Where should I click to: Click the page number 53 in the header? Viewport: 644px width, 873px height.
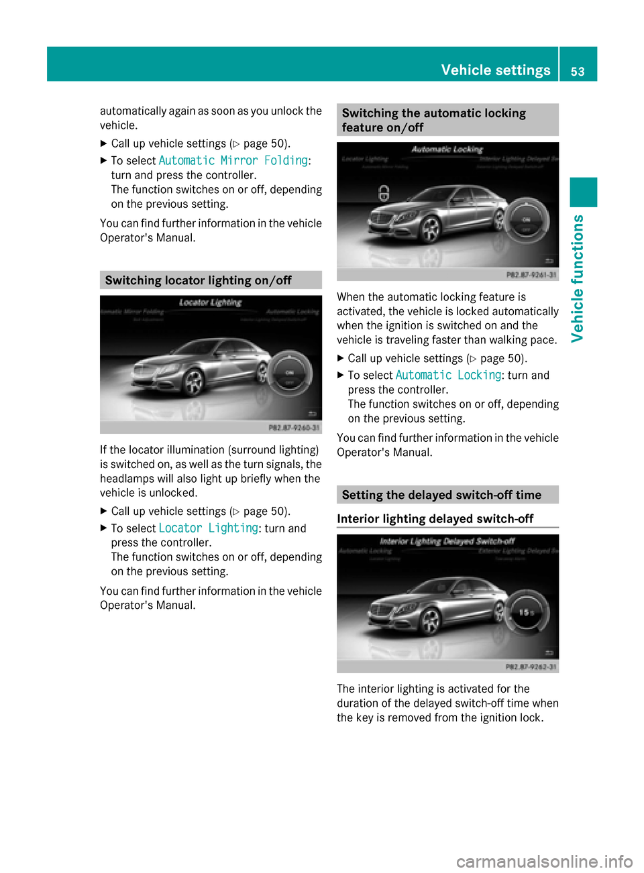click(x=578, y=71)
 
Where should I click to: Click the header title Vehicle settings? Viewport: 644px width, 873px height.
click(x=495, y=70)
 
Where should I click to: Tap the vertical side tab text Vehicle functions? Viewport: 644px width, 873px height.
click(x=578, y=278)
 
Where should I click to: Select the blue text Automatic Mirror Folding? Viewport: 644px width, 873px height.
click(x=233, y=161)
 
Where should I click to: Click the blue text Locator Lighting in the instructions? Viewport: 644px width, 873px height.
click(x=208, y=528)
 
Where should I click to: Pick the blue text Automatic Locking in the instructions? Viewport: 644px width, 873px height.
click(x=448, y=375)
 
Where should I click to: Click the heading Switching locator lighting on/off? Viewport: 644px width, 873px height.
click(x=198, y=280)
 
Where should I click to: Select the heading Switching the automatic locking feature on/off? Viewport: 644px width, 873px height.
click(x=433, y=120)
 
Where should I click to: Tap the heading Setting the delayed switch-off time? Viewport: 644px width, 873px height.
click(x=441, y=495)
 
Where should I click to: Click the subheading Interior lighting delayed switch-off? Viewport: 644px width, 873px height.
click(x=435, y=519)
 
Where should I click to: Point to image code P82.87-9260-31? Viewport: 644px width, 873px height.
click(x=294, y=428)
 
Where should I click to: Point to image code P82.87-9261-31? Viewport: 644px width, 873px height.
click(x=531, y=275)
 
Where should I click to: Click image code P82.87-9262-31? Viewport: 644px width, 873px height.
click(x=531, y=667)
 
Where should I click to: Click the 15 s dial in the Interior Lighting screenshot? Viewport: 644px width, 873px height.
click(x=527, y=612)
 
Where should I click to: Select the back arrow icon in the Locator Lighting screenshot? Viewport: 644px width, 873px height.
click(x=312, y=414)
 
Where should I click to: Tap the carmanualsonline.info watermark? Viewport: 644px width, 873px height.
click(x=544, y=861)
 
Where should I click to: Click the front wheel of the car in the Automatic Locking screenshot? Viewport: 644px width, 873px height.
click(x=430, y=230)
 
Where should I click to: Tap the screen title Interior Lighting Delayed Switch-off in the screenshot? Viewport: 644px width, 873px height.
click(x=447, y=541)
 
